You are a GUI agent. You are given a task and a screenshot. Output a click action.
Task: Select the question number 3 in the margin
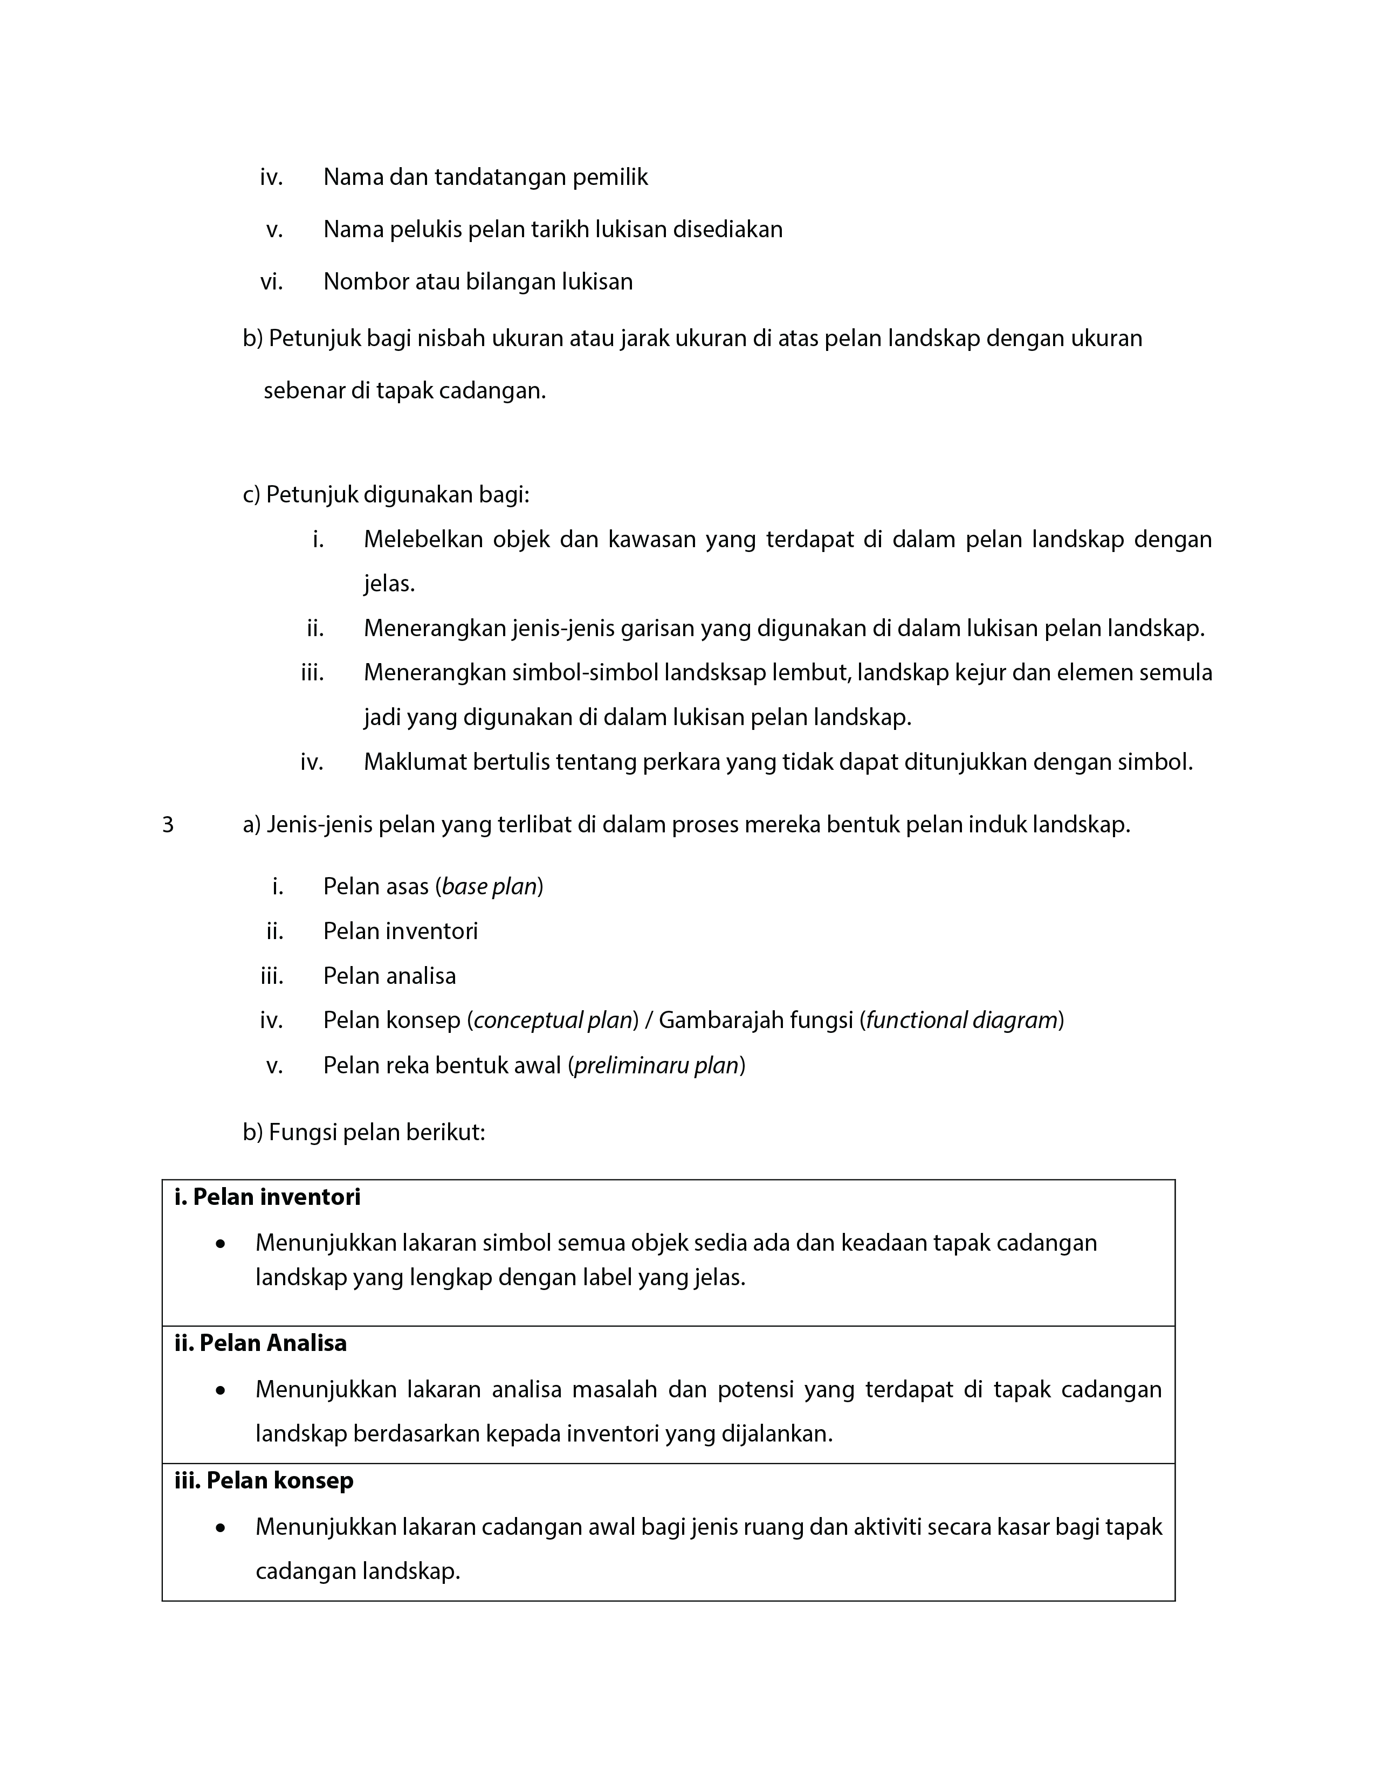168,825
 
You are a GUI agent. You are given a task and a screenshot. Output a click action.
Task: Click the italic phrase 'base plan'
489,886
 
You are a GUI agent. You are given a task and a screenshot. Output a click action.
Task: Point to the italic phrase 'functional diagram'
961,1020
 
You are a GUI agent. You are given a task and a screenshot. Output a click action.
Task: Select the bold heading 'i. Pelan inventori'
267,1197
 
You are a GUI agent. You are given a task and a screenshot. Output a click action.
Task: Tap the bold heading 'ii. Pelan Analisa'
260,1343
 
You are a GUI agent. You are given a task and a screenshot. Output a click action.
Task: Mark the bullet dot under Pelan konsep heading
220,1528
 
